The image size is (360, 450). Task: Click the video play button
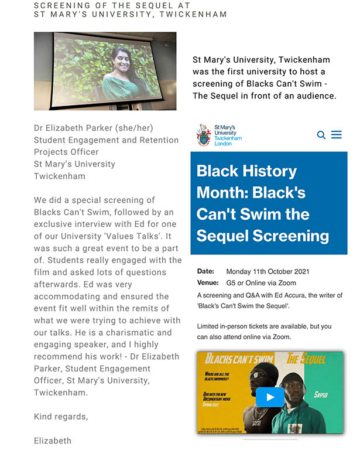click(270, 397)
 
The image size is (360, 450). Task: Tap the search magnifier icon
click(321, 135)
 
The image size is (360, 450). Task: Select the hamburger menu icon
click(337, 135)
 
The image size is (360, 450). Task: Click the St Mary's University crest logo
click(204, 135)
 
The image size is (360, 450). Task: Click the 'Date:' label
click(205, 272)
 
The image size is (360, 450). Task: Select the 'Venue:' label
click(208, 283)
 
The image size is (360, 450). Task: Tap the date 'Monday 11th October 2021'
click(268, 272)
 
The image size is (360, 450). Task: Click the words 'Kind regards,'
click(61, 417)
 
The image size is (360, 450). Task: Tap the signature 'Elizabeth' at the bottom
click(53, 441)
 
